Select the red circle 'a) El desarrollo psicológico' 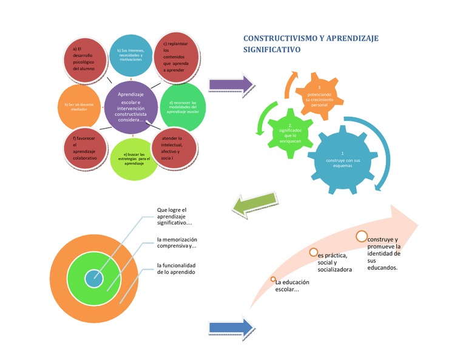87,59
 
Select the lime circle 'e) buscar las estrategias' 133,160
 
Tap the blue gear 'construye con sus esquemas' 343,160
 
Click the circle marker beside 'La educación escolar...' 273,280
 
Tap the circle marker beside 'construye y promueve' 362,236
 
